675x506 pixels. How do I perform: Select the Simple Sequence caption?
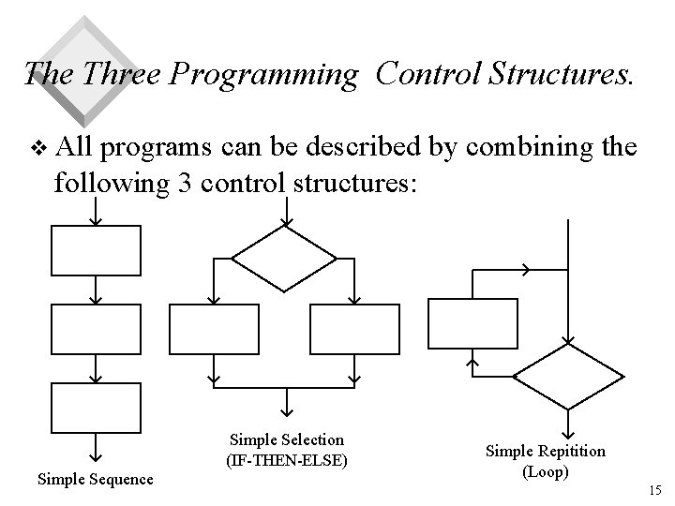click(95, 479)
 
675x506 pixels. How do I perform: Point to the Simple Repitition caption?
click(545, 452)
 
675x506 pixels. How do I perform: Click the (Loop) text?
click(545, 471)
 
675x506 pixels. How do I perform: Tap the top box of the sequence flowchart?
click(95, 250)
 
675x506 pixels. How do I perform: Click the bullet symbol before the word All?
click(38, 147)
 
